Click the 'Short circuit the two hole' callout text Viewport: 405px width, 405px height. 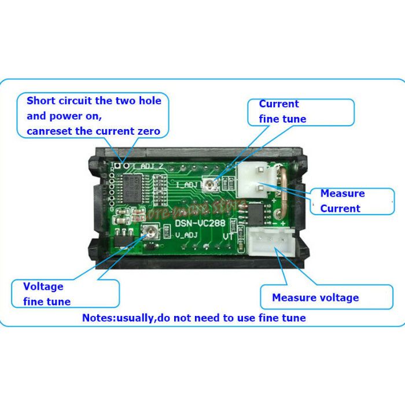pyautogui.click(x=94, y=101)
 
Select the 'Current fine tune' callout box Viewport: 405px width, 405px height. pyautogui.click(x=300, y=112)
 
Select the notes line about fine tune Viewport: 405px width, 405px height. pyautogui.click(x=194, y=318)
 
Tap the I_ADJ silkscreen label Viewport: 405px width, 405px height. pyautogui.click(x=187, y=185)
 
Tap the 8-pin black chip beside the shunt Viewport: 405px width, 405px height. pyautogui.click(x=255, y=214)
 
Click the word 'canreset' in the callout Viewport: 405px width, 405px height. pyautogui.click(x=49, y=131)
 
